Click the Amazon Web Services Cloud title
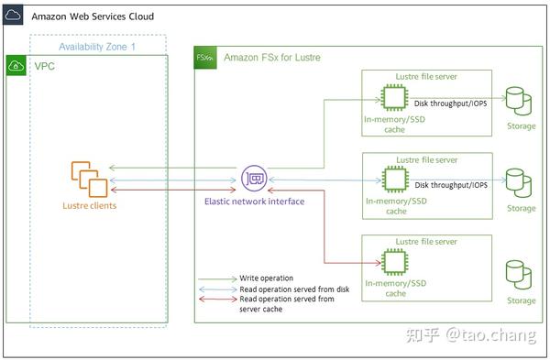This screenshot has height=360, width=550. click(x=93, y=16)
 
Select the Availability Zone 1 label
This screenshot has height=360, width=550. click(x=97, y=46)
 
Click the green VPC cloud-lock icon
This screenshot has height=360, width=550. click(x=16, y=66)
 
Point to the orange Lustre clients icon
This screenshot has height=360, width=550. click(x=88, y=179)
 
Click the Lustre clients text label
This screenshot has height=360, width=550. click(x=89, y=206)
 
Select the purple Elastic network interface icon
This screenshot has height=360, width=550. click(x=253, y=179)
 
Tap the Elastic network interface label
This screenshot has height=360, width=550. click(x=254, y=201)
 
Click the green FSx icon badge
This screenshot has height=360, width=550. click(x=205, y=58)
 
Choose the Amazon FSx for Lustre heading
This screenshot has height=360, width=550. click(x=271, y=58)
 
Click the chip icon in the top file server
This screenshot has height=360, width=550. click(x=395, y=96)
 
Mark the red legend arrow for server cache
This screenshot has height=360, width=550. click(x=217, y=299)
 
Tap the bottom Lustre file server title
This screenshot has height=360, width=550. click(x=426, y=241)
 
